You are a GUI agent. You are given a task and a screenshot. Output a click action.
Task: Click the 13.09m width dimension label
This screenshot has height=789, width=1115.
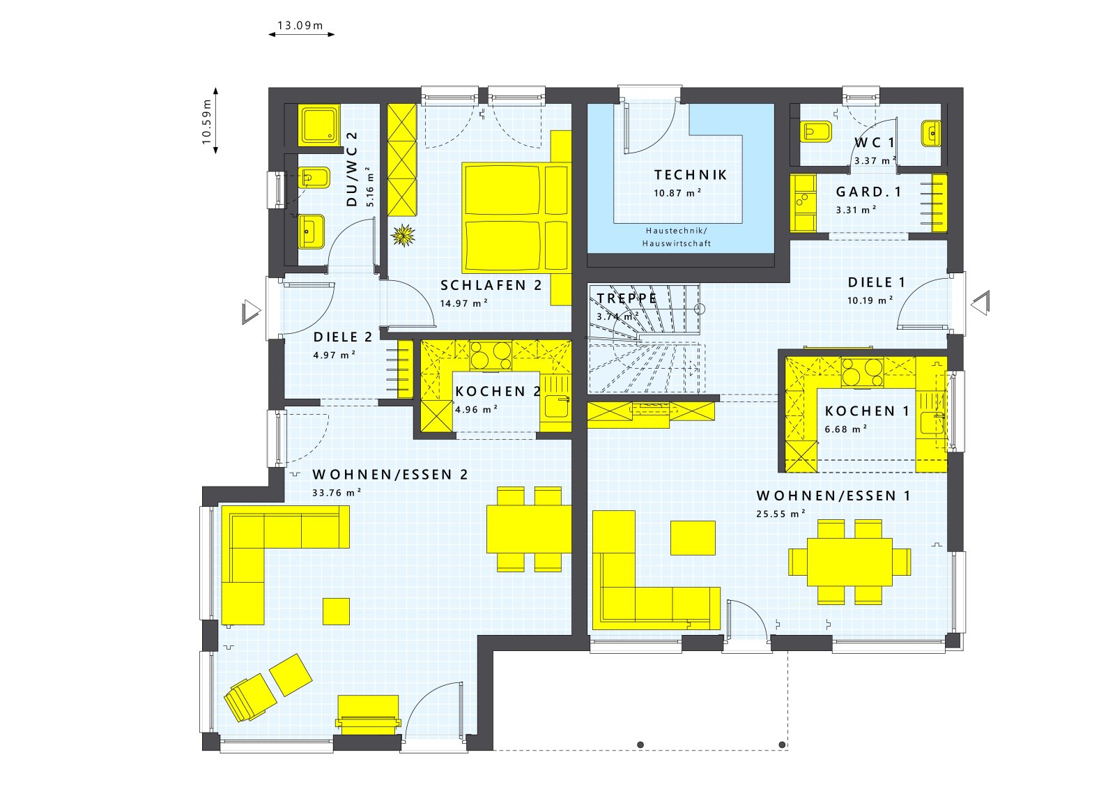pyautogui.click(x=300, y=25)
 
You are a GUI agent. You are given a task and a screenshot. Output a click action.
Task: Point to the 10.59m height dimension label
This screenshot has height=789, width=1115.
pyautogui.click(x=206, y=122)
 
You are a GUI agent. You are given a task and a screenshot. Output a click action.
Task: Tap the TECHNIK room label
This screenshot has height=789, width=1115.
pyautogui.click(x=691, y=175)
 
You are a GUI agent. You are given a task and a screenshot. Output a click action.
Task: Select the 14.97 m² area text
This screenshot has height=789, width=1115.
pyautogui.click(x=463, y=303)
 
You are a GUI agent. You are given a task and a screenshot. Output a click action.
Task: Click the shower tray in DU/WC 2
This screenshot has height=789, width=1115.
pyautogui.click(x=318, y=125)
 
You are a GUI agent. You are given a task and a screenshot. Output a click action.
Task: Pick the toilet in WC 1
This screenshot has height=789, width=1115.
pyautogui.click(x=815, y=132)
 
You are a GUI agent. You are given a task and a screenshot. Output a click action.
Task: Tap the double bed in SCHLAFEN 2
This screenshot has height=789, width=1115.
pyautogui.click(x=516, y=217)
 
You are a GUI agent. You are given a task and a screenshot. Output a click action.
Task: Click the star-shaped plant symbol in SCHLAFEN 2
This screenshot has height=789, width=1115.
pyautogui.click(x=403, y=234)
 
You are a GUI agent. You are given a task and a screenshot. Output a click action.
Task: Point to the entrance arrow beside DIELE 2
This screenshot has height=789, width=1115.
pyautogui.click(x=252, y=313)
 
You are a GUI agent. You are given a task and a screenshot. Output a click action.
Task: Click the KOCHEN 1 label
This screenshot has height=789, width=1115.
pyautogui.click(x=867, y=411)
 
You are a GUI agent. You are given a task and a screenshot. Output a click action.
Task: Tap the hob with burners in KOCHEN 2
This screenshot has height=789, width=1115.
pyautogui.click(x=491, y=355)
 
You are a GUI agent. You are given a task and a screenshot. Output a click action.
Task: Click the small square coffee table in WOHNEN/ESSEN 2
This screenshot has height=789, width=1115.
pyautogui.click(x=336, y=611)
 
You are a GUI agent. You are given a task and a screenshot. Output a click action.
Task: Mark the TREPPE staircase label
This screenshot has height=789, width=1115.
pyautogui.click(x=626, y=298)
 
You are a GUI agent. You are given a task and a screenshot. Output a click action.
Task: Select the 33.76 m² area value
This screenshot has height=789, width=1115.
pyautogui.click(x=337, y=493)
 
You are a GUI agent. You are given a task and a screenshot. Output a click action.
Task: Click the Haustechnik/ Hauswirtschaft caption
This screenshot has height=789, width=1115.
pyautogui.click(x=677, y=237)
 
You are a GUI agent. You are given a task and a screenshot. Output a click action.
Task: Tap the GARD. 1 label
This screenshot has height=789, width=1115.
pyautogui.click(x=868, y=192)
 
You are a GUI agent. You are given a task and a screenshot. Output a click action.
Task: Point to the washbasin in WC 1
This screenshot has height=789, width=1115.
pyautogui.click(x=930, y=133)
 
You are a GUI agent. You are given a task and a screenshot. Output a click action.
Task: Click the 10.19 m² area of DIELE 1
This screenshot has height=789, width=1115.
pyautogui.click(x=870, y=300)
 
